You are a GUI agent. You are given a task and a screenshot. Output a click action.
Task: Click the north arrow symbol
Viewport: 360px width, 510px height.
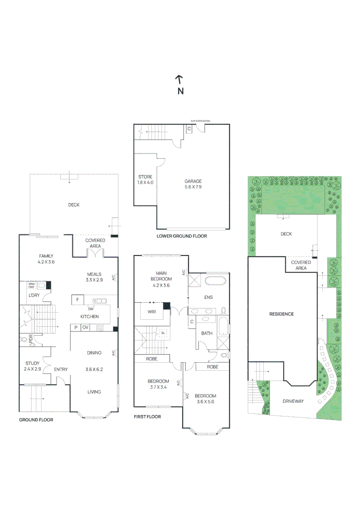point(179,79)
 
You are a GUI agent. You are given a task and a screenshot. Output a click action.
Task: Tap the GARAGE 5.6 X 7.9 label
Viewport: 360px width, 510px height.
point(193,184)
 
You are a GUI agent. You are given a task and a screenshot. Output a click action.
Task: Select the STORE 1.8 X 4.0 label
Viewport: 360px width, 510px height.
point(145,179)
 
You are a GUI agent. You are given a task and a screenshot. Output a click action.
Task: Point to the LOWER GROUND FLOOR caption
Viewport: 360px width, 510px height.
point(182,236)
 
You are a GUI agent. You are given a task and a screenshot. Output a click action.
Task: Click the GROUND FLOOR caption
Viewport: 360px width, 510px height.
point(36,419)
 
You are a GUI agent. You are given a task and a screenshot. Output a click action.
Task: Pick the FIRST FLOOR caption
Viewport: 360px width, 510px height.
point(147,416)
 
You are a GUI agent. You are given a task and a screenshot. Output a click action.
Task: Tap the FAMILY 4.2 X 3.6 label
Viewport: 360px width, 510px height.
point(46,259)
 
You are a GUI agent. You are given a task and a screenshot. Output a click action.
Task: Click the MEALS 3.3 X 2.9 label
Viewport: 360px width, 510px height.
point(95,277)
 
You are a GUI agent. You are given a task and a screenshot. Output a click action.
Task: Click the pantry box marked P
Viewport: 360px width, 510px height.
point(75,327)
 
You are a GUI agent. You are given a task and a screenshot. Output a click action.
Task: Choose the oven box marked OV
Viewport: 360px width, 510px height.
point(86,327)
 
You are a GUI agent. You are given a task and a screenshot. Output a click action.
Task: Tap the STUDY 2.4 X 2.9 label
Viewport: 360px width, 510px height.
point(33,366)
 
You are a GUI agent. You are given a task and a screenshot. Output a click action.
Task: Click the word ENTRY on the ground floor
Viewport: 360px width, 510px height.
point(60,370)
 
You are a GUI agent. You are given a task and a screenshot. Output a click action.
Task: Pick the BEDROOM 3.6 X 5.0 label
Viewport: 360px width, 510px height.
point(205,399)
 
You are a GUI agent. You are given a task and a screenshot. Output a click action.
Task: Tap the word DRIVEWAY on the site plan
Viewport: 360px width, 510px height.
point(293,401)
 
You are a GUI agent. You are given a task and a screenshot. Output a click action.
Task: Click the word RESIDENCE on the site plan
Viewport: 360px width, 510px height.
point(281,314)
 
